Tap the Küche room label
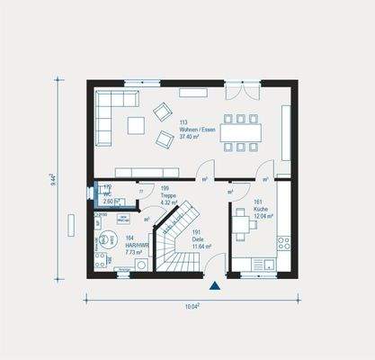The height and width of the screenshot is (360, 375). click(x=261, y=210)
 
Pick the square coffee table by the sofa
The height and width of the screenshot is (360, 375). click(x=136, y=125)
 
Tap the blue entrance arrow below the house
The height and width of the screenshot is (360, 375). click(x=215, y=286)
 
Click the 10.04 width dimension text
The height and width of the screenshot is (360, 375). click(x=191, y=307)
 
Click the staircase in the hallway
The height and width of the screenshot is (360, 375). click(x=174, y=238)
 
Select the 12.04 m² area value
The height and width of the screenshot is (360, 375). click(x=262, y=217)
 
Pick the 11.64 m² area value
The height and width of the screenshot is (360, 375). click(x=200, y=246)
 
